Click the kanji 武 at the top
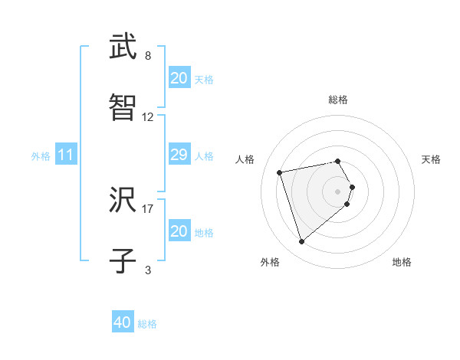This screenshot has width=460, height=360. (123, 47)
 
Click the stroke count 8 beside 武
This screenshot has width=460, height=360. (148, 56)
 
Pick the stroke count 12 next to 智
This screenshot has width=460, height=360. (148, 117)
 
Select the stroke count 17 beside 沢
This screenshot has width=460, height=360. (148, 208)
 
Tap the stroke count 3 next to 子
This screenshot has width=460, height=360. (148, 270)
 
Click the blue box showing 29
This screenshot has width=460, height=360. (179, 155)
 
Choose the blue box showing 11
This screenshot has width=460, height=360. (66, 155)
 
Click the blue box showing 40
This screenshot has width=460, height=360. (123, 323)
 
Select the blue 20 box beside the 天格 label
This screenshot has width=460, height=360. (179, 78)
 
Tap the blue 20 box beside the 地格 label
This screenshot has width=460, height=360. (179, 231)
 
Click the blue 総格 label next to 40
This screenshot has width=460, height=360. (147, 324)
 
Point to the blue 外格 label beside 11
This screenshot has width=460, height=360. (41, 155)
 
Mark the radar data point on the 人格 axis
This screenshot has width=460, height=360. (280, 172)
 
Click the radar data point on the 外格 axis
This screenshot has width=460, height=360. (301, 242)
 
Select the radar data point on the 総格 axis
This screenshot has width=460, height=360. (338, 161)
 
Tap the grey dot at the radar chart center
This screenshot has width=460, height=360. (338, 191)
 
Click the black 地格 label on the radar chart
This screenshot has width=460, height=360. (402, 262)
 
